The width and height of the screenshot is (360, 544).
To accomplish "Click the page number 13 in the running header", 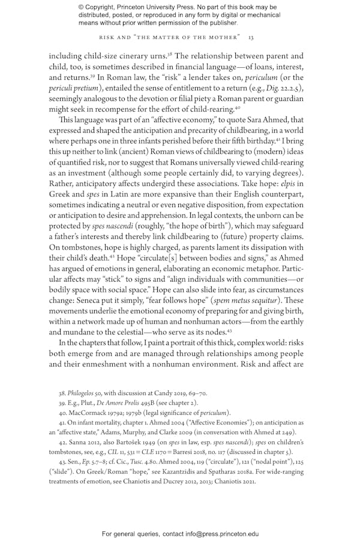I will click(251, 37).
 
